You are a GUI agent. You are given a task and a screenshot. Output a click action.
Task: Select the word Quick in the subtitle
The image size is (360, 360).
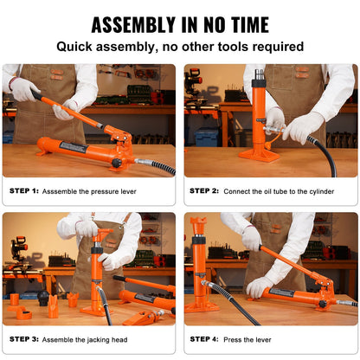click(x=77, y=47)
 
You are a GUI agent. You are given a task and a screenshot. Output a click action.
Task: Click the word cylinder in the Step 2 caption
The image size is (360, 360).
click(x=330, y=190)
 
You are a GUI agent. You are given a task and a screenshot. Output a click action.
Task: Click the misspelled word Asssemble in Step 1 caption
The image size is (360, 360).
click(x=64, y=190)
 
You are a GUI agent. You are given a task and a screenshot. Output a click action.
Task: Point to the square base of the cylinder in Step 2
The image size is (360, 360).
click(x=259, y=156)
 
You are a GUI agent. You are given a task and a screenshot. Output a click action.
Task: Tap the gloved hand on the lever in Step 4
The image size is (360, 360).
click(x=259, y=286)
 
